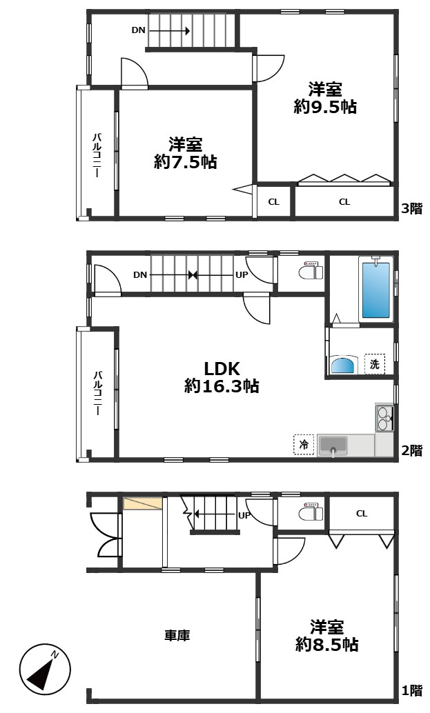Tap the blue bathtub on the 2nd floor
(376, 290)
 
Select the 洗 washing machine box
(375, 364)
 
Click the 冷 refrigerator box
(304, 444)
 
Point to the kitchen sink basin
(333, 445)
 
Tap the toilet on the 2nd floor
(311, 272)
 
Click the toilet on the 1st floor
(311, 512)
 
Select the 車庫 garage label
(177, 635)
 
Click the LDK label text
(222, 368)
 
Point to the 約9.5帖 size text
(325, 107)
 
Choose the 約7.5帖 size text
(185, 162)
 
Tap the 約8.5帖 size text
(326, 644)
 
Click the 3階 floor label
(412, 209)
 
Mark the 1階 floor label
(412, 690)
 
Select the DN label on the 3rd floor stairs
(138, 30)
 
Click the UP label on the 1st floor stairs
(244, 516)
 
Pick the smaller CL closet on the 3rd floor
(274, 201)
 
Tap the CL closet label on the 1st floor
(362, 514)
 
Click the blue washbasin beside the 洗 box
(342, 364)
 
